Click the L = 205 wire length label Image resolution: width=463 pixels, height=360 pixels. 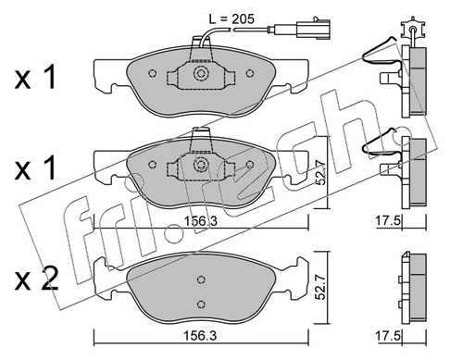click(x=231, y=19)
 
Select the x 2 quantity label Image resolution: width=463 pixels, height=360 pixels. click(x=36, y=279)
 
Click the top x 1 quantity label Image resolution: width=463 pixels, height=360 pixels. click(x=35, y=77)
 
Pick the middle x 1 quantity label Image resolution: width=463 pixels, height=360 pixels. click(x=35, y=168)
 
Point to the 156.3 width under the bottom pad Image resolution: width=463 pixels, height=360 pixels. click(x=200, y=335)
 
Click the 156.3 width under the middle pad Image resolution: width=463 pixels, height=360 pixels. click(x=201, y=221)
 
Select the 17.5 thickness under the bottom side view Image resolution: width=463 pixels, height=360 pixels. click(x=388, y=335)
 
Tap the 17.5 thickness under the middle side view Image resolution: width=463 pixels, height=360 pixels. click(x=388, y=221)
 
